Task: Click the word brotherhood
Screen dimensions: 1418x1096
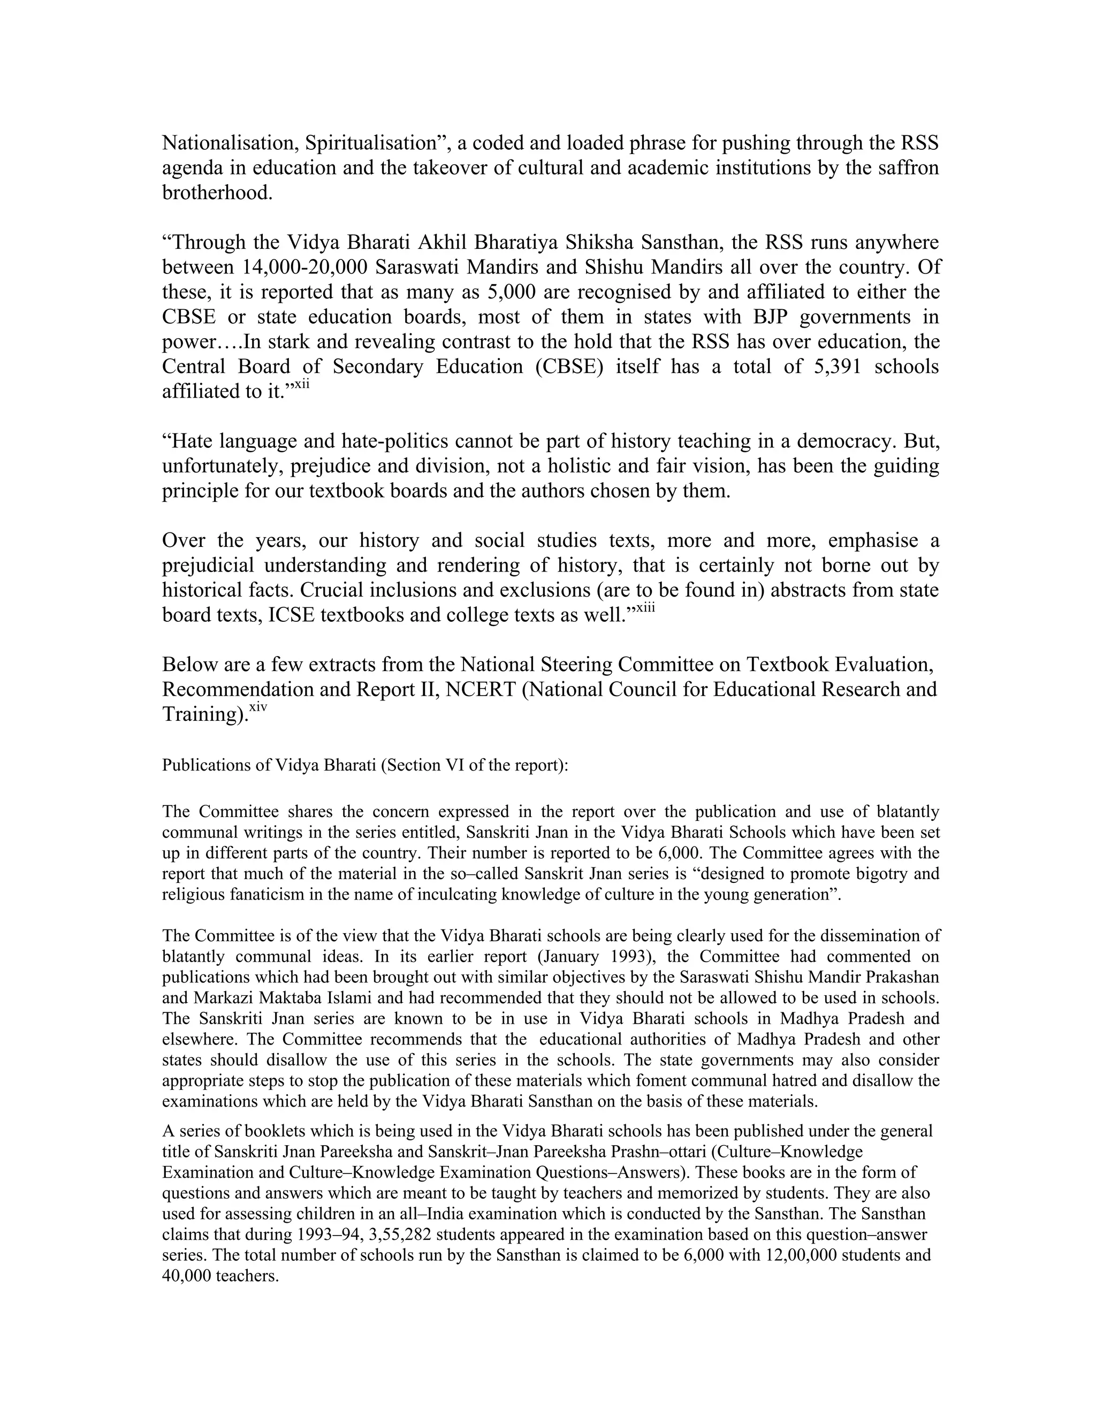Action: tap(216, 193)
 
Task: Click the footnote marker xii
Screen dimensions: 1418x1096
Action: tap(302, 385)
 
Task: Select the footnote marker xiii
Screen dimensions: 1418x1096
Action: tap(645, 608)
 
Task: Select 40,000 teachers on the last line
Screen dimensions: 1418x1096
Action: tap(220, 1276)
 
